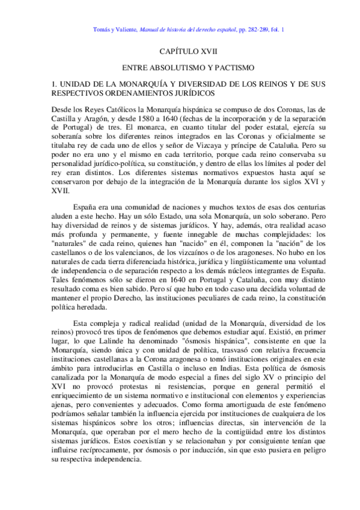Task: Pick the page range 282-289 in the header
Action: [x=263, y=28]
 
